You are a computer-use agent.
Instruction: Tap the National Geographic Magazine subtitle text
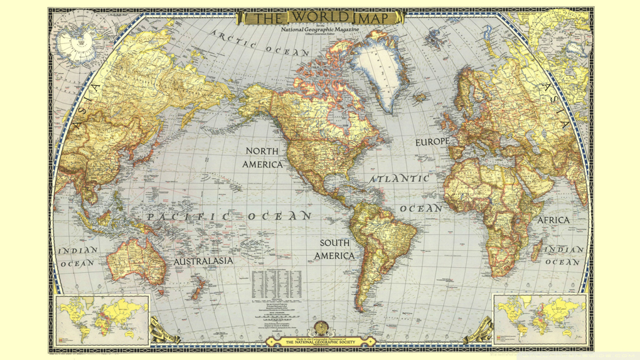[x=320, y=30]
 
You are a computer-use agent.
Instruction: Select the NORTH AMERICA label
[x=263, y=157]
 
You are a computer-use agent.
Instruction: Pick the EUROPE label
[x=432, y=142]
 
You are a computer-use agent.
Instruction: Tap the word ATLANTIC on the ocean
[x=400, y=179]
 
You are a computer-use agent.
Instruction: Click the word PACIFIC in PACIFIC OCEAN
[x=188, y=217]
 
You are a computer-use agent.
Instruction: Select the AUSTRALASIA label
[x=203, y=260]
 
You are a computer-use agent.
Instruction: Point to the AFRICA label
[x=553, y=220]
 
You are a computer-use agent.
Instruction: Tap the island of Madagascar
[x=537, y=252]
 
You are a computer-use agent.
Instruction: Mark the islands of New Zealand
[x=200, y=288]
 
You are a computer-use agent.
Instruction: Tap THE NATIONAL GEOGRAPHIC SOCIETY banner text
[x=320, y=342]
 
